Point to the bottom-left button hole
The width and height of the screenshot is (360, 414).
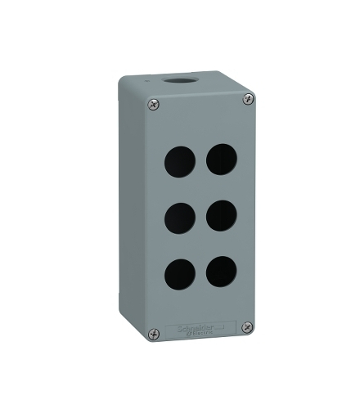click(x=181, y=272)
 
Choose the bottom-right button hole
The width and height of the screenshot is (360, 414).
click(x=221, y=271)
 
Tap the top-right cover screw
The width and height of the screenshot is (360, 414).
click(x=247, y=99)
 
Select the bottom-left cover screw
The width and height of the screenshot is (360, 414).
click(x=153, y=335)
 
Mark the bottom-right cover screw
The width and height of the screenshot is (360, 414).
click(x=246, y=327)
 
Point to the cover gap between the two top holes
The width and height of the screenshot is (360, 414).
click(x=200, y=159)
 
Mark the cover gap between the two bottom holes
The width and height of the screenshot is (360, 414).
click(x=200, y=272)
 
